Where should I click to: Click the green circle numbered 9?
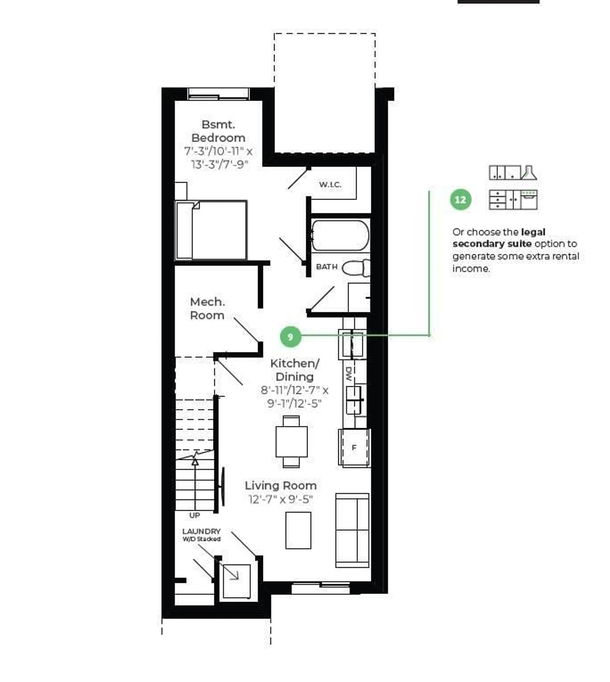[x=291, y=337]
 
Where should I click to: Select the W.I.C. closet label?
[x=330, y=185]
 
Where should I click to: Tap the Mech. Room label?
[x=207, y=309]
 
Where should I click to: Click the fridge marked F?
[x=354, y=448]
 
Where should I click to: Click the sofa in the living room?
[x=352, y=530]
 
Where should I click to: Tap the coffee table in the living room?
[x=298, y=530]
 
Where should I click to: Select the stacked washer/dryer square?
[x=237, y=581]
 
